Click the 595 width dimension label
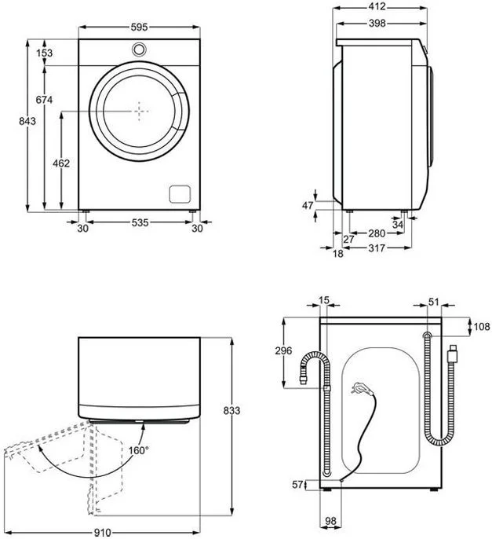coord(139,27)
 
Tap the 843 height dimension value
coord(27,121)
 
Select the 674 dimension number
coord(44,100)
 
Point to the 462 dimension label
coord(61,163)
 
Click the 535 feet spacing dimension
coord(140,223)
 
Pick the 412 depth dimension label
coord(377,6)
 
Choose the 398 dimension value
coord(377,23)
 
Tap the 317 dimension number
coord(377,247)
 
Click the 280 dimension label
coord(377,233)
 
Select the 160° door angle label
coord(139,450)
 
